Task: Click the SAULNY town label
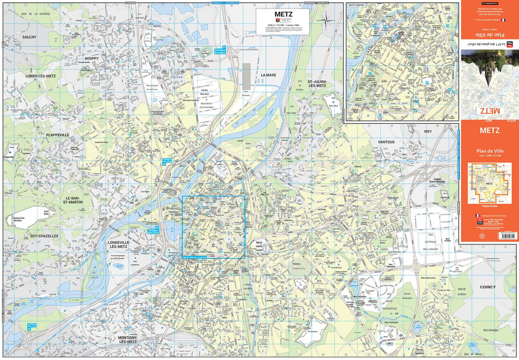pyautogui.click(x=29, y=37)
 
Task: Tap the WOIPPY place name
pyautogui.click(x=92, y=58)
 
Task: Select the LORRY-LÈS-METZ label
pyautogui.click(x=40, y=76)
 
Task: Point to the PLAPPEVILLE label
pyautogui.click(x=57, y=135)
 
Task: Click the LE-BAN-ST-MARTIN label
pyautogui.click(x=73, y=200)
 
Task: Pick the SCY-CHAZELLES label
pyautogui.click(x=44, y=236)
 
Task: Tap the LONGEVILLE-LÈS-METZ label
pyautogui.click(x=119, y=245)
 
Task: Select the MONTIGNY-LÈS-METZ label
pyautogui.click(x=128, y=340)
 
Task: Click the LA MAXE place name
pyautogui.click(x=268, y=75)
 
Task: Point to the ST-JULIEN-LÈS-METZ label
pyautogui.click(x=317, y=83)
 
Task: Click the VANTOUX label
pyautogui.click(x=386, y=142)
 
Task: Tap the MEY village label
pyautogui.click(x=428, y=132)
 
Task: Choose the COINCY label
pyautogui.click(x=488, y=287)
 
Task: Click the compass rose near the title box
pyautogui.click(x=326, y=20)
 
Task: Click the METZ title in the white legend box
pyautogui.click(x=283, y=14)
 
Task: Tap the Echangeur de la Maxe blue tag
pyautogui.click(x=220, y=51)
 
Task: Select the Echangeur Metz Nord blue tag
pyautogui.click(x=167, y=161)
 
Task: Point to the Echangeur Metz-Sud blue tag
pyautogui.click(x=31, y=326)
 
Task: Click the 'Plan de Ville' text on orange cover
pyautogui.click(x=490, y=151)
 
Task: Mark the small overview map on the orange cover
pyautogui.click(x=490, y=183)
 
